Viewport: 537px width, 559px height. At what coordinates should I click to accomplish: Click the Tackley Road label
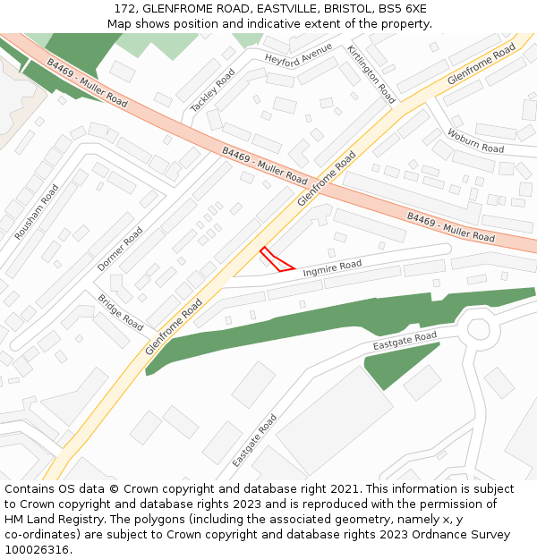[213, 90]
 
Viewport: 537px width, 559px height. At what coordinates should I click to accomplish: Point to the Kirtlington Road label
[371, 74]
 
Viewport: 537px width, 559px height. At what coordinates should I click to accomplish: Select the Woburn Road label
[475, 141]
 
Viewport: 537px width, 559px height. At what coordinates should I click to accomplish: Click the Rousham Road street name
[37, 212]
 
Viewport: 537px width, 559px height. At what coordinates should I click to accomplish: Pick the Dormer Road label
[120, 250]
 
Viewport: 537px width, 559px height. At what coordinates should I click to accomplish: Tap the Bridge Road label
[121, 312]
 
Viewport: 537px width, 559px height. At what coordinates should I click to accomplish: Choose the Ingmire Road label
[332, 267]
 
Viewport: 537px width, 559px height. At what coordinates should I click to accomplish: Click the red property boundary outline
[276, 259]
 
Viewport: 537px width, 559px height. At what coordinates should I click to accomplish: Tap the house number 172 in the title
[125, 8]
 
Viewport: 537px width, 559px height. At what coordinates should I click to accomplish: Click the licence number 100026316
[37, 550]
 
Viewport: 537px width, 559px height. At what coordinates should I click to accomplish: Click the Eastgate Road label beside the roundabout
[405, 341]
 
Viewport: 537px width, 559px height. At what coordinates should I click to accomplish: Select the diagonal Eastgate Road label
[255, 440]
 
